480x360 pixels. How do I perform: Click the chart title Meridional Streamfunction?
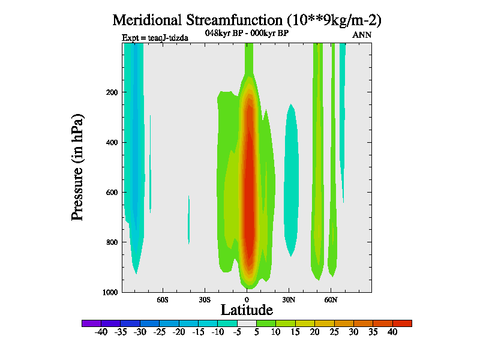pos(247,19)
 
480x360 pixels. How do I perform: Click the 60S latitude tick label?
pos(163,299)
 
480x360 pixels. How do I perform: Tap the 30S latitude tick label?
pos(205,299)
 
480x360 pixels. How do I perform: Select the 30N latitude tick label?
pos(289,299)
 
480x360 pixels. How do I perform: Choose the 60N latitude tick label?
pos(331,299)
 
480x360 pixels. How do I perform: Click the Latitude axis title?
pos(247,310)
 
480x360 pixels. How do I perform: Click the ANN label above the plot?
pos(362,35)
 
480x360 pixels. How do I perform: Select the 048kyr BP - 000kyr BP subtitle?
pos(247,33)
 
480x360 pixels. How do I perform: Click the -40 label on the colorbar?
pos(101,332)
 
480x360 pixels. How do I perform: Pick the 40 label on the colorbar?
pos(392,332)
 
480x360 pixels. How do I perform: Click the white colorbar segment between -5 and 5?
pos(247,323)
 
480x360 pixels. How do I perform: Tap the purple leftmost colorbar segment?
pos(91,323)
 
